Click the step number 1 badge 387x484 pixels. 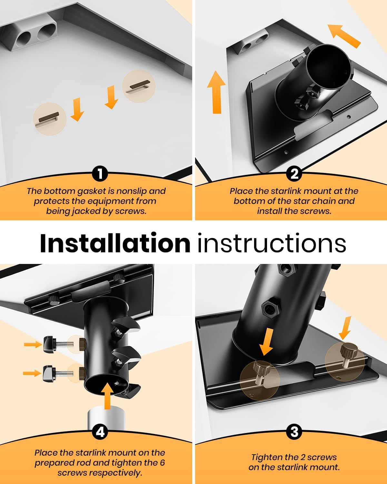point(100,174)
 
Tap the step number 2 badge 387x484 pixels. point(294,174)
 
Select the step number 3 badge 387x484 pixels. point(294,431)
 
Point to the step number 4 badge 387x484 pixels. point(100,431)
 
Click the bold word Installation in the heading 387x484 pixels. point(115,244)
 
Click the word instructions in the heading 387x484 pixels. point(272,244)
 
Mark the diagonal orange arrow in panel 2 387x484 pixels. point(344,36)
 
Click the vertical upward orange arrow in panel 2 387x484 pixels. point(216,92)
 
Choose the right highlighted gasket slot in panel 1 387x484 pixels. point(139,86)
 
